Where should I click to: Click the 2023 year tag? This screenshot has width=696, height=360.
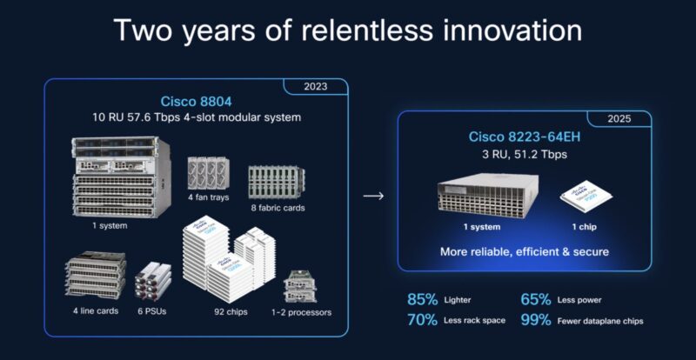[316, 87]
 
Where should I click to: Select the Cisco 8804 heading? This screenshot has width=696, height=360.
[196, 101]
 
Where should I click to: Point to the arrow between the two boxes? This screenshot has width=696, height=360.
[373, 196]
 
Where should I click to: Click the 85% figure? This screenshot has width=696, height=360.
[423, 299]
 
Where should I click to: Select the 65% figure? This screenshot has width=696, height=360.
[536, 299]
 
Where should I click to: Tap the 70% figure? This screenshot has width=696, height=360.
[423, 320]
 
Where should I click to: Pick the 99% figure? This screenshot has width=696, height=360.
[536, 320]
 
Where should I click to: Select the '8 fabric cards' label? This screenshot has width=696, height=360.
[278, 207]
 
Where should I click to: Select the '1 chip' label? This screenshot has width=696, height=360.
[584, 227]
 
